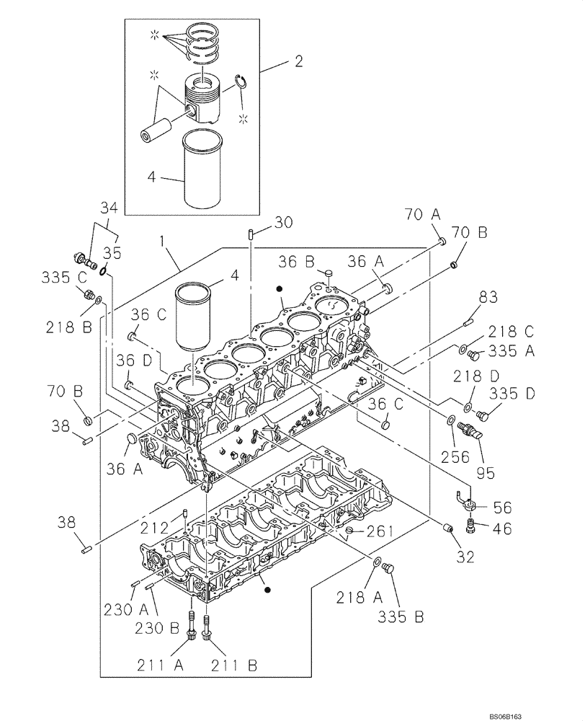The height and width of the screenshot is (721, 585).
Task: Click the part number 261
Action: click(x=380, y=532)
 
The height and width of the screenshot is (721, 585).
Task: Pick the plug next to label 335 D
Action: click(x=483, y=415)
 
